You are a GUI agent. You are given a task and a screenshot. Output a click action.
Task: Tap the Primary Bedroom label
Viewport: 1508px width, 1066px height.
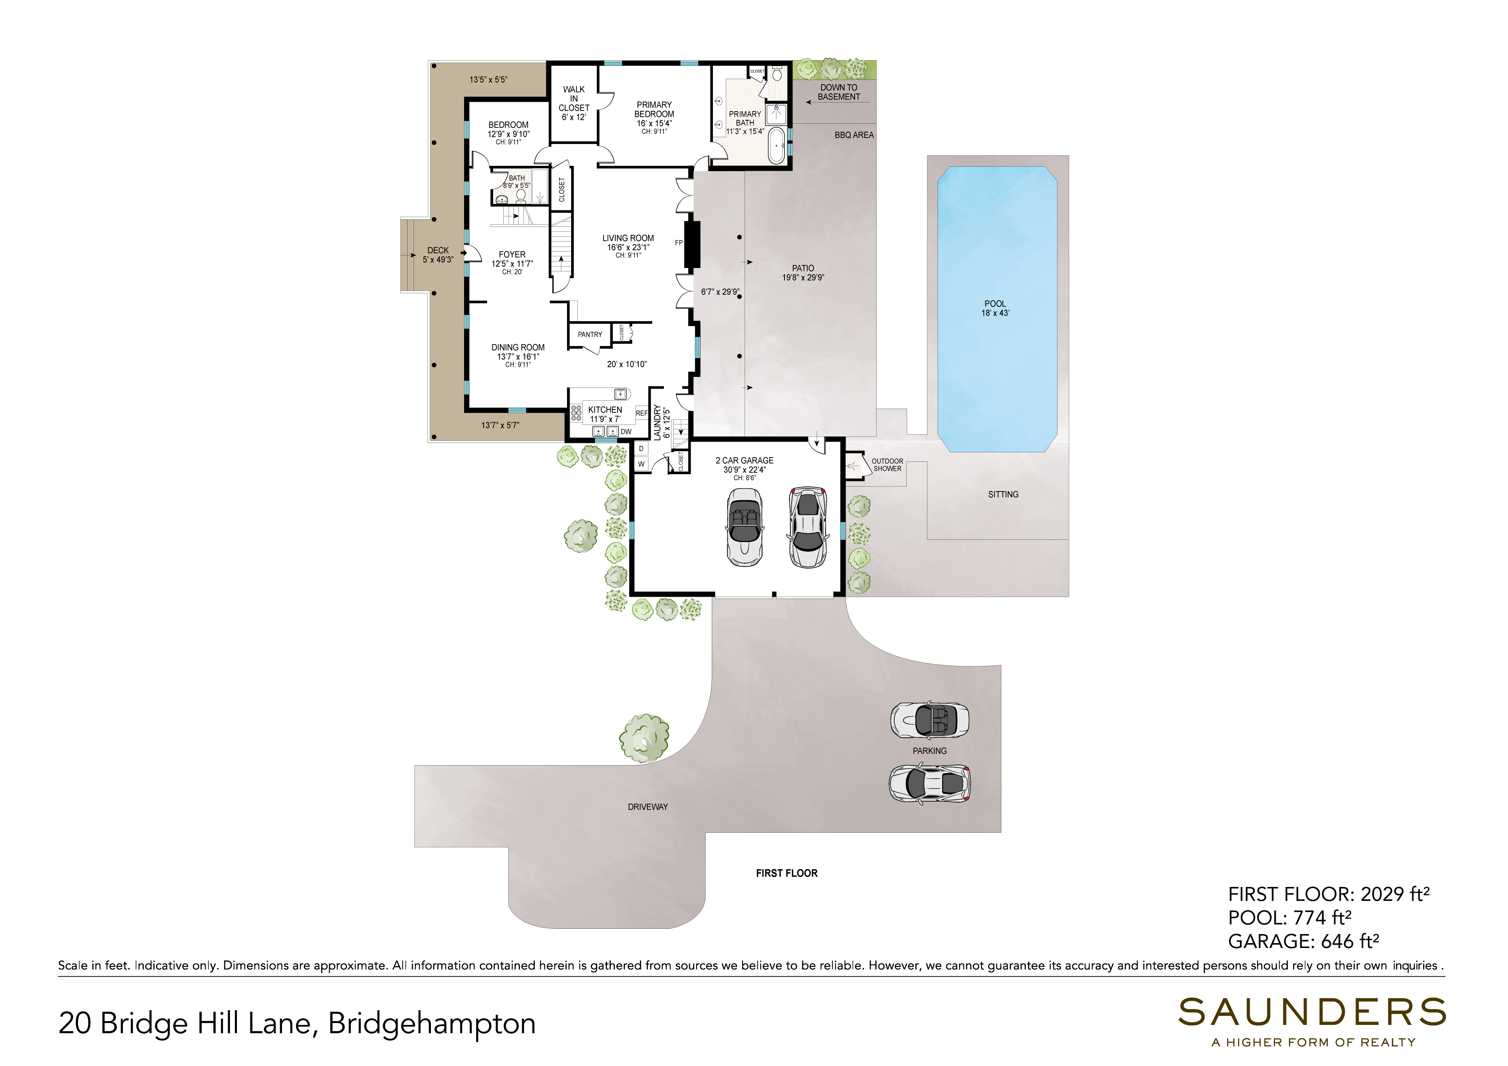coord(654,109)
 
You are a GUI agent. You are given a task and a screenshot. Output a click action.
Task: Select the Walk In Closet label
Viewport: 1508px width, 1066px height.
coord(574,98)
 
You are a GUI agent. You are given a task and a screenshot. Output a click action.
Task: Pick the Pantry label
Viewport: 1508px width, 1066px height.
coord(590,334)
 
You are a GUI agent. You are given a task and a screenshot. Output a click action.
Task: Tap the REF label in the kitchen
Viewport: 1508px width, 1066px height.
coord(642,413)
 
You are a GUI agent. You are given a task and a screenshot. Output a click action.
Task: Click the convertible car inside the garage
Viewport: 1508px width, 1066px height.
coord(744,527)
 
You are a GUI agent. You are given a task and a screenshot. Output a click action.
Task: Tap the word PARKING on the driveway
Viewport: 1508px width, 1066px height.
coord(929,751)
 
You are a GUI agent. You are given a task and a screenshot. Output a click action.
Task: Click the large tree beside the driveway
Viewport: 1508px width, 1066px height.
coord(644,738)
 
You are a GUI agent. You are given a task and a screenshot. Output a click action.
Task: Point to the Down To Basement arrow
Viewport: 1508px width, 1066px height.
coord(837,103)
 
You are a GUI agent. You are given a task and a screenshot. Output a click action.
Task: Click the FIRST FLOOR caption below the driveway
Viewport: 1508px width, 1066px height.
coord(787,873)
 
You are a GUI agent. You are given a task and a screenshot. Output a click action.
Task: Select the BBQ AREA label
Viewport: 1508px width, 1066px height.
coord(854,135)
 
